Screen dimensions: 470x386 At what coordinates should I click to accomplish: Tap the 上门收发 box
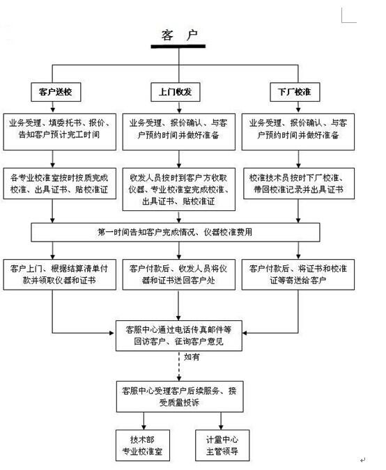(x=177, y=91)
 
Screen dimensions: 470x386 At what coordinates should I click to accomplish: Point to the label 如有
(x=193, y=357)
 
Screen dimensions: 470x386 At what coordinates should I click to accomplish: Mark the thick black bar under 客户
(x=178, y=47)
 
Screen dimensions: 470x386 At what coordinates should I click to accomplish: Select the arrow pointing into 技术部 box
(x=144, y=423)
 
